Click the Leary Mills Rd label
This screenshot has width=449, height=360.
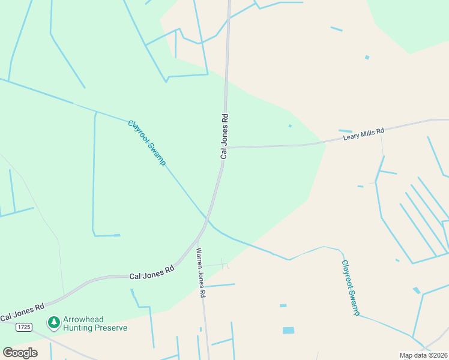pos(363,134)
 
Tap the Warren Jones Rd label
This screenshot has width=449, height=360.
pos(200,273)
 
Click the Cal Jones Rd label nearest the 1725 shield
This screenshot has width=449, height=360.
pos(22,311)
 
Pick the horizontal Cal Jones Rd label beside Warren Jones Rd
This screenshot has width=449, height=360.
pos(152,272)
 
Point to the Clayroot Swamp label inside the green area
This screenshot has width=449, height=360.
pos(146,143)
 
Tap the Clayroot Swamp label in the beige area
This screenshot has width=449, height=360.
pos(350,287)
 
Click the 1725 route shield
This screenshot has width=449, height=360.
pos(24,326)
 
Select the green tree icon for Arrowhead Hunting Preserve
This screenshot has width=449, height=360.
pos(54,323)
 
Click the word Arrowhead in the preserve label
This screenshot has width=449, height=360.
pos(88,319)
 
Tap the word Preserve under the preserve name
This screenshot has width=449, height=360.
pos(110,328)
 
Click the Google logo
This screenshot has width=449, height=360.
pos(20,352)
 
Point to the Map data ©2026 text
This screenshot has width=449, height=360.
pos(423,355)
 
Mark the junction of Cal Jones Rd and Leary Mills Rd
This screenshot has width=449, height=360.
pos(226,147)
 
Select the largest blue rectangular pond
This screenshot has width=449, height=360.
pos(289,330)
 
